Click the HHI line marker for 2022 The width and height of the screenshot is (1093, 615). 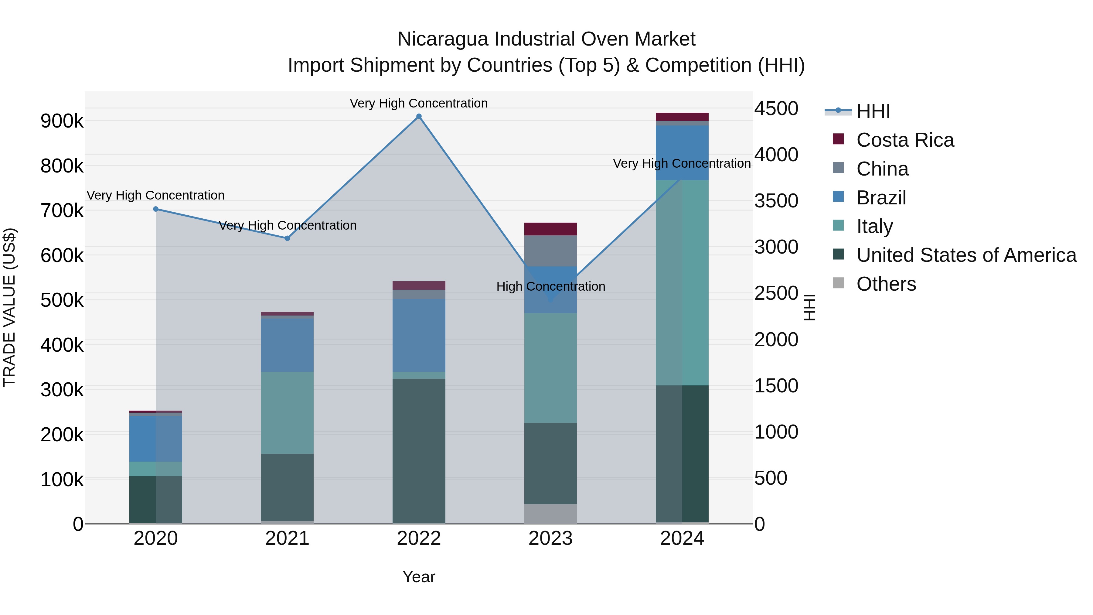pos(419,116)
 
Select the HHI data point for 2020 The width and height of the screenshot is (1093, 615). pos(156,209)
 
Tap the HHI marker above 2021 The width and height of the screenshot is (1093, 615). pos(287,238)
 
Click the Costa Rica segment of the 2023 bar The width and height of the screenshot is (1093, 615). pos(550,229)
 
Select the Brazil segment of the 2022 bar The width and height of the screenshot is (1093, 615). pos(419,335)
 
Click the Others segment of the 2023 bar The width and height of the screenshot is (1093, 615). pos(550,514)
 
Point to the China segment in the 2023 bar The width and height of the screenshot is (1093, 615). pos(550,251)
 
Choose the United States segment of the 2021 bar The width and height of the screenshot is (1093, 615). pos(287,487)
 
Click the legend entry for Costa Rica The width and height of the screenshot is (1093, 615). pos(905,140)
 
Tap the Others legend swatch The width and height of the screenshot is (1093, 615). pos(838,283)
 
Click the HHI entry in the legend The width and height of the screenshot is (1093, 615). pos(873,111)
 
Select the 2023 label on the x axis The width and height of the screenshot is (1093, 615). pos(550,538)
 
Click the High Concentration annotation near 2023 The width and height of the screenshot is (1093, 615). pos(550,286)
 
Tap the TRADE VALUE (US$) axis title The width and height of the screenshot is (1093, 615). pos(9,307)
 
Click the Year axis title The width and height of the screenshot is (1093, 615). pos(419,577)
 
